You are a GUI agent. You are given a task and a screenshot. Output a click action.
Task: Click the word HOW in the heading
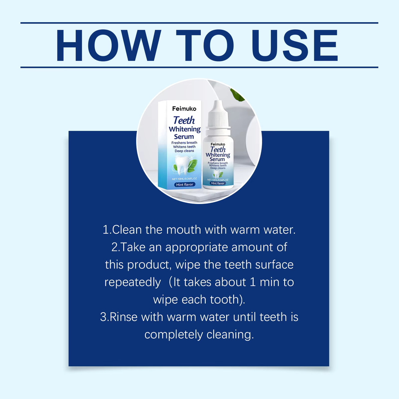click(109, 46)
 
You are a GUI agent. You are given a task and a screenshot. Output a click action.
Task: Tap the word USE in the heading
click(295, 46)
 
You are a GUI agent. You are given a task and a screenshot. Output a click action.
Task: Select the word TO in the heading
click(205, 46)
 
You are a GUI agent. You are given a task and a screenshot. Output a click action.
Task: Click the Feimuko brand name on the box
click(184, 109)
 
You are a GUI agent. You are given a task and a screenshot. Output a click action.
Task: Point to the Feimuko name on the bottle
click(218, 144)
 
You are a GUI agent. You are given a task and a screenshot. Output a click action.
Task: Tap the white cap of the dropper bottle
click(218, 114)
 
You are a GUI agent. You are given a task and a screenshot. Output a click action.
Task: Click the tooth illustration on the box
click(182, 165)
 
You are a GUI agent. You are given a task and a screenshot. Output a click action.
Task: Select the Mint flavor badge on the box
click(185, 184)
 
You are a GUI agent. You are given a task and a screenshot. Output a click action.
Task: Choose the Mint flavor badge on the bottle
click(218, 183)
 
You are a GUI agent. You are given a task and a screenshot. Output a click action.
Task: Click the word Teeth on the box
click(184, 120)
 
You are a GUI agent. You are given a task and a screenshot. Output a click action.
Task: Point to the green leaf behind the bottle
click(237, 95)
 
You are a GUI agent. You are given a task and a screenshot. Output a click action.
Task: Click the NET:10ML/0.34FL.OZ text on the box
click(184, 179)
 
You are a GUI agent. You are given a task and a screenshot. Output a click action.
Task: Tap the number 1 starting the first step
click(106, 230)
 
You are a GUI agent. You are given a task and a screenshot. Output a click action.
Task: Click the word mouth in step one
click(184, 230)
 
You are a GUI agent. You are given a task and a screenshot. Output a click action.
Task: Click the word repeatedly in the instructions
click(133, 283)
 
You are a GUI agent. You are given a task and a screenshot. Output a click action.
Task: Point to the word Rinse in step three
click(123, 317)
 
